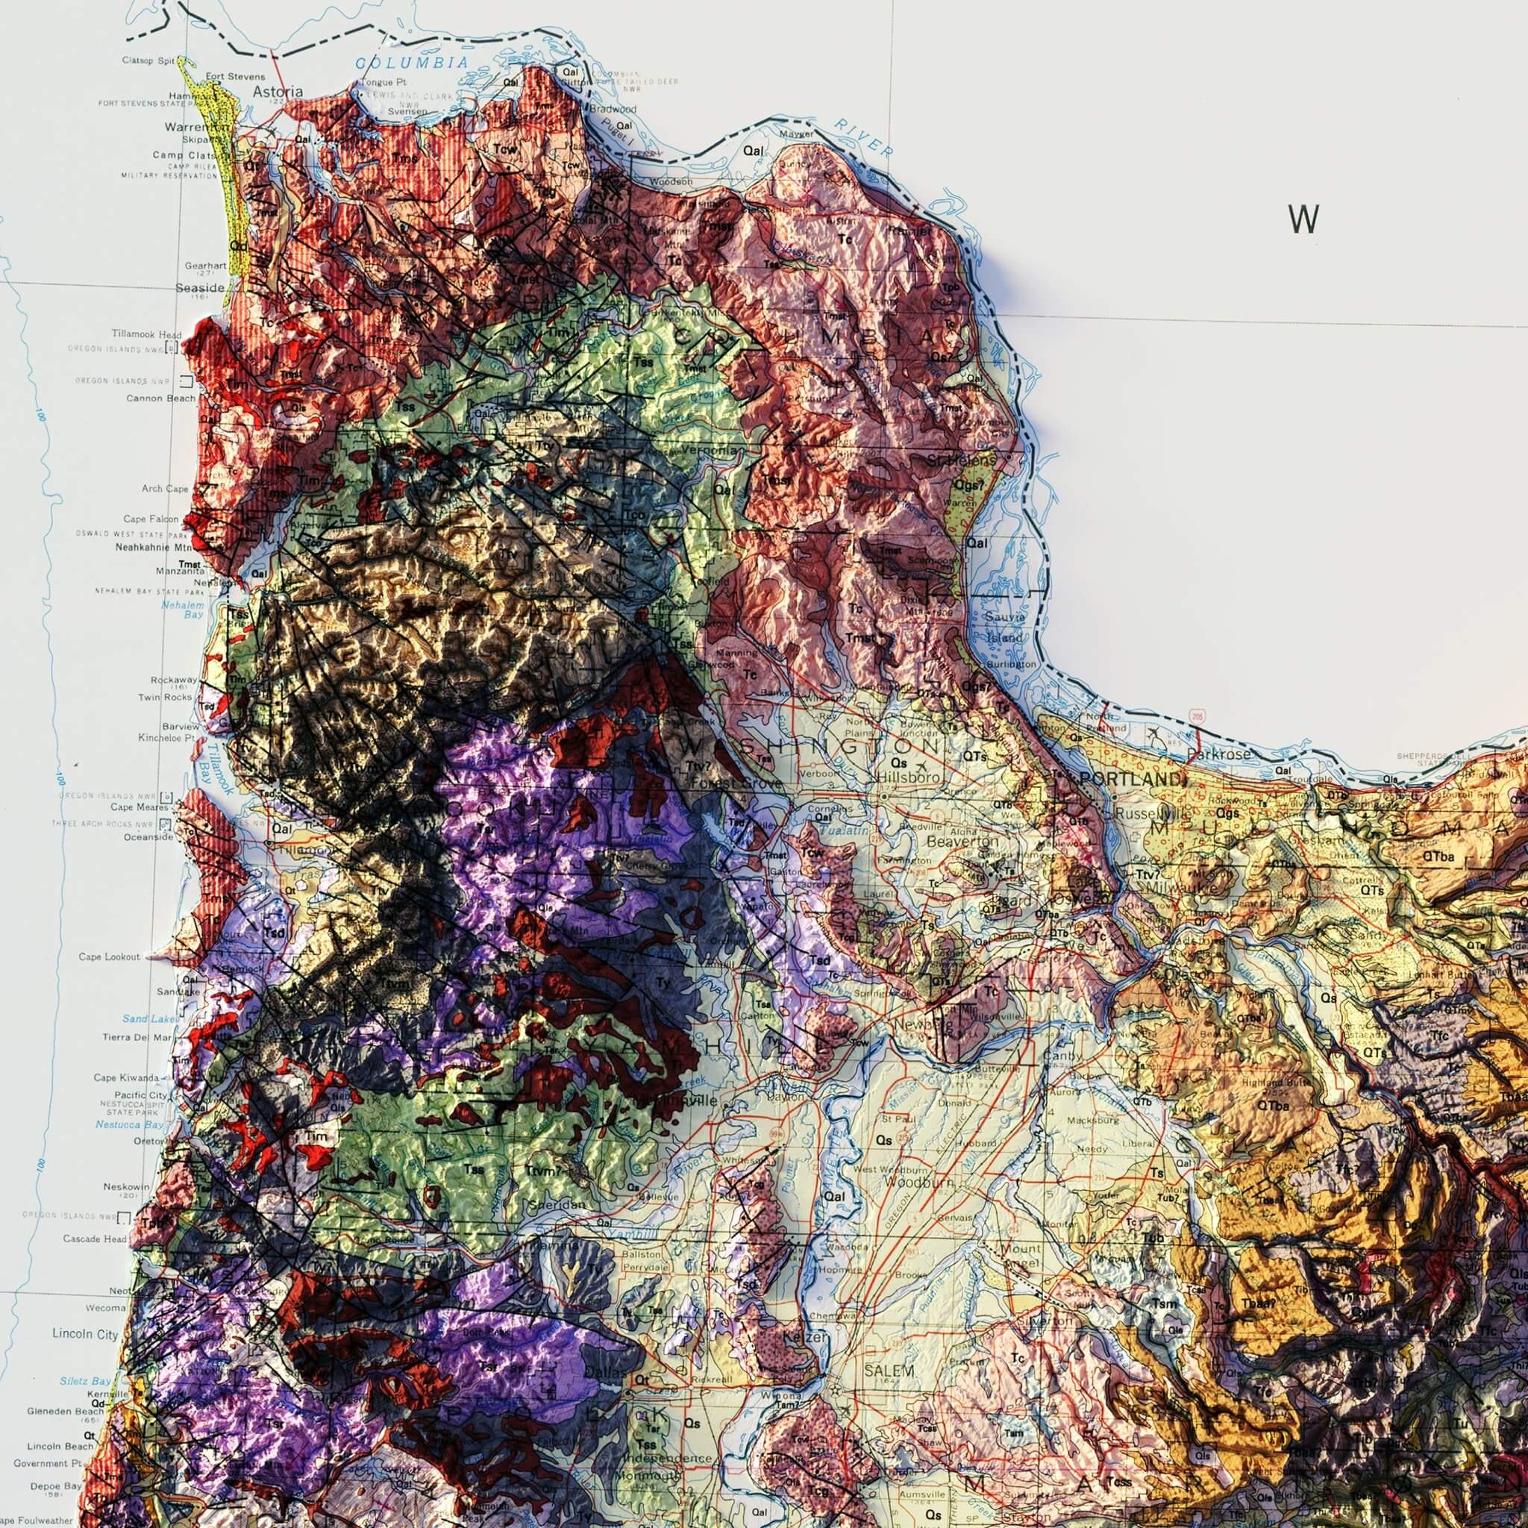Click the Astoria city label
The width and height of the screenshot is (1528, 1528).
pos(277,92)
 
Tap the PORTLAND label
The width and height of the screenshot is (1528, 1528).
pos(1133,779)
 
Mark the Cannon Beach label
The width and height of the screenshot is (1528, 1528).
pos(160,398)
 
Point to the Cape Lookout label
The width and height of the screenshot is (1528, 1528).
pos(109,957)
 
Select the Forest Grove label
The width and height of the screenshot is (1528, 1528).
pos(736,783)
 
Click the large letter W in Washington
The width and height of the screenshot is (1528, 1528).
pos(1303,219)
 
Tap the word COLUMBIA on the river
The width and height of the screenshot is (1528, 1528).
pos(411,63)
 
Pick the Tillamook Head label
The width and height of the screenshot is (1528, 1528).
pos(146,334)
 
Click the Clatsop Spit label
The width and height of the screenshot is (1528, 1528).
pos(148,60)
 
